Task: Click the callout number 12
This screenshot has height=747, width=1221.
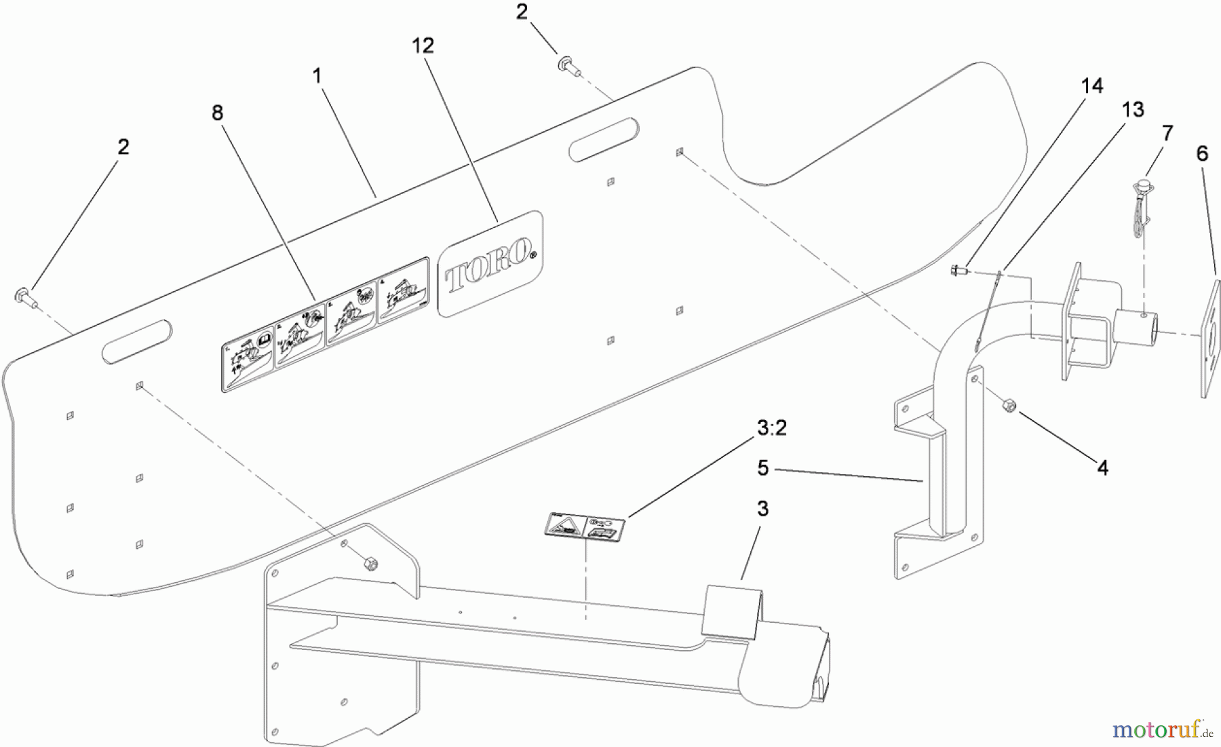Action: coord(423,45)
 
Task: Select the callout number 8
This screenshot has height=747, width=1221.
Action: coord(217,113)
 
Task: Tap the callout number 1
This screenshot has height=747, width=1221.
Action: coord(317,76)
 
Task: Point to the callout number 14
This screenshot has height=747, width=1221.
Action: coord(1092,86)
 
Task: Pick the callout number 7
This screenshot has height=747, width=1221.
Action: coord(1167,133)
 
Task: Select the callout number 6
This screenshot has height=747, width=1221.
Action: coord(1202,154)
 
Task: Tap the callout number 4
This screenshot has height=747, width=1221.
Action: coord(1103,467)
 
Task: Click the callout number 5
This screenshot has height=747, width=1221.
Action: coord(763,467)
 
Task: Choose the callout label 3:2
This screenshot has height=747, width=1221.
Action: coord(771,428)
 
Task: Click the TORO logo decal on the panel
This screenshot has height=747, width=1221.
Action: coord(490,264)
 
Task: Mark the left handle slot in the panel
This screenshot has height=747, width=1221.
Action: coord(136,341)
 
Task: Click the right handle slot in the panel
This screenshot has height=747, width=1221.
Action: coord(604,140)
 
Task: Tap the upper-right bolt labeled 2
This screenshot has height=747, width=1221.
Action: coord(565,66)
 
